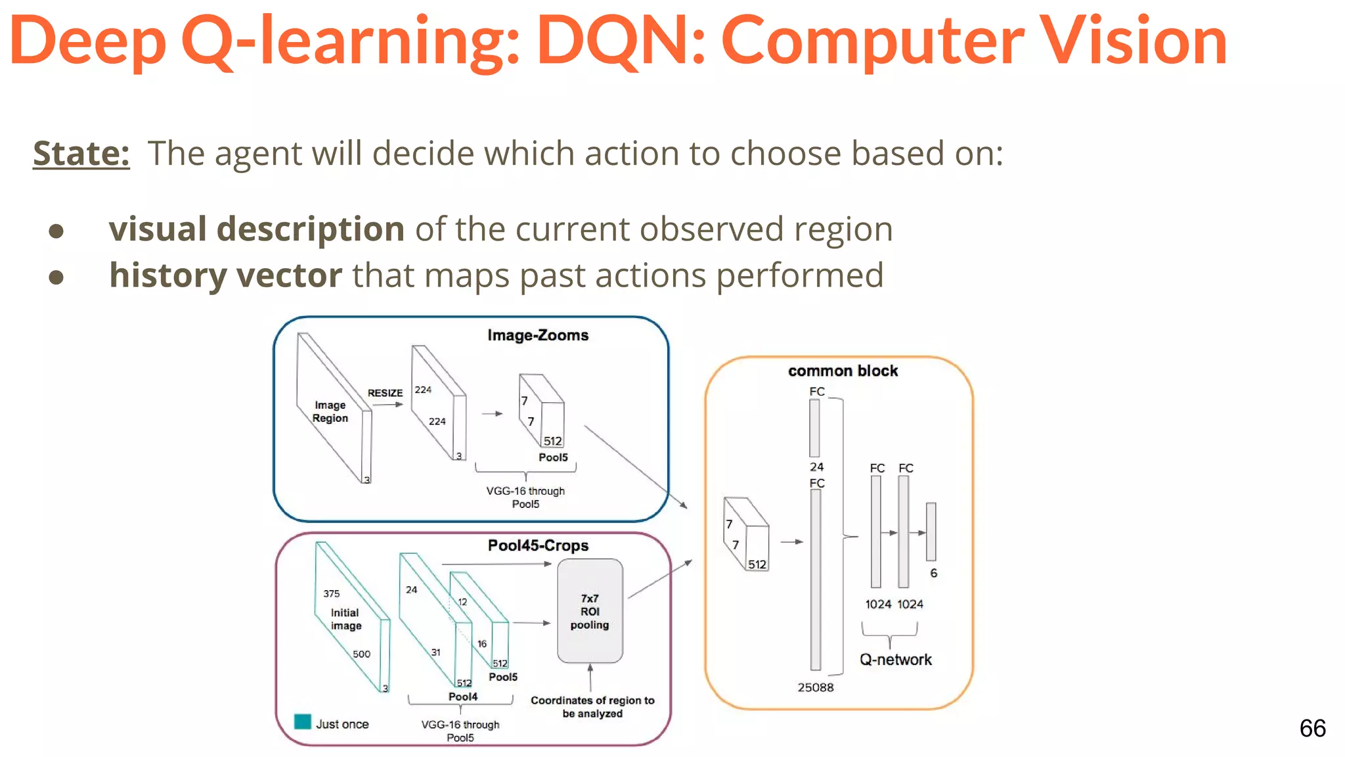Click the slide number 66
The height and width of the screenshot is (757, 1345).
point(1312,728)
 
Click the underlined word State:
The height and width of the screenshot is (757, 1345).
point(81,154)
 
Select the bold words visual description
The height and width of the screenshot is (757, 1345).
point(256,229)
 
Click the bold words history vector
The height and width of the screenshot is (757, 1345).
point(225,275)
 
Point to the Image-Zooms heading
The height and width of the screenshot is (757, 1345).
point(537,336)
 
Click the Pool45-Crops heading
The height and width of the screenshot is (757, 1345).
point(537,545)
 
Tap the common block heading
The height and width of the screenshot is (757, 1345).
point(843,371)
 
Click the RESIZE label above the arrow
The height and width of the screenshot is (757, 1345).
point(385,393)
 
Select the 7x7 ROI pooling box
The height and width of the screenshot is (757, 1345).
point(589,611)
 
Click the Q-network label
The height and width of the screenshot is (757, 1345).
point(895,660)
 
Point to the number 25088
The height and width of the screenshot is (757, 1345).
point(815,687)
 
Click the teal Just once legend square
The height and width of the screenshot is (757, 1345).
point(303,722)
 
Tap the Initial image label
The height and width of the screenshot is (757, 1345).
point(345,619)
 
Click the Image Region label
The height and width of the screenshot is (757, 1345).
point(330,411)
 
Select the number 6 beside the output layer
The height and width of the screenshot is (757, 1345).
point(933,573)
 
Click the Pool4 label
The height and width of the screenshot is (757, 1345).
point(462,697)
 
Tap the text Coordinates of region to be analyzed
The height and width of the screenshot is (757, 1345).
point(592,707)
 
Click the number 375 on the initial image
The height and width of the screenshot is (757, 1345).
point(331,593)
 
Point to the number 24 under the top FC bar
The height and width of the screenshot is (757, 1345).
point(816,467)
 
